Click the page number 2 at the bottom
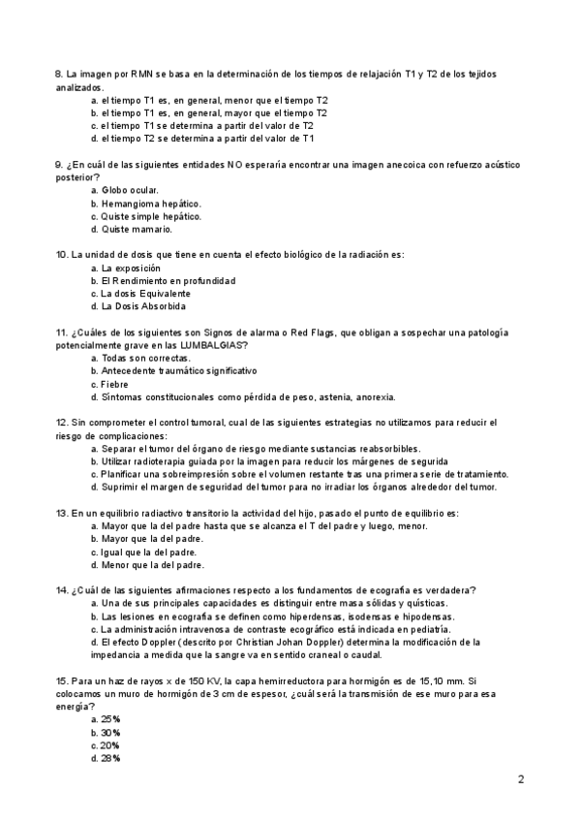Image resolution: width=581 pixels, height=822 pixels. pos(520,779)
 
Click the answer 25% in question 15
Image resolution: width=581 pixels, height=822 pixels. pos(109,719)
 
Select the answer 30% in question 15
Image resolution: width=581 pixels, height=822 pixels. pos(109,732)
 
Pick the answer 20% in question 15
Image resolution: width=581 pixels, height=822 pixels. pos(109,745)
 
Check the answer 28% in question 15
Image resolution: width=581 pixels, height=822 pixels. pos(109,758)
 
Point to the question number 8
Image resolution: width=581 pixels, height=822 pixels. pos(58,75)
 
